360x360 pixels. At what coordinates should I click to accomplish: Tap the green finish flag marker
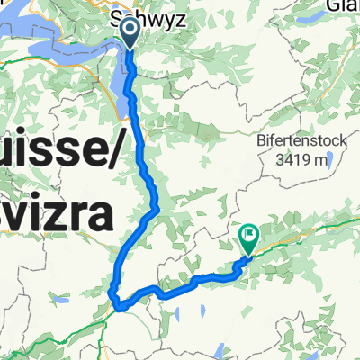(x=248, y=238)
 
